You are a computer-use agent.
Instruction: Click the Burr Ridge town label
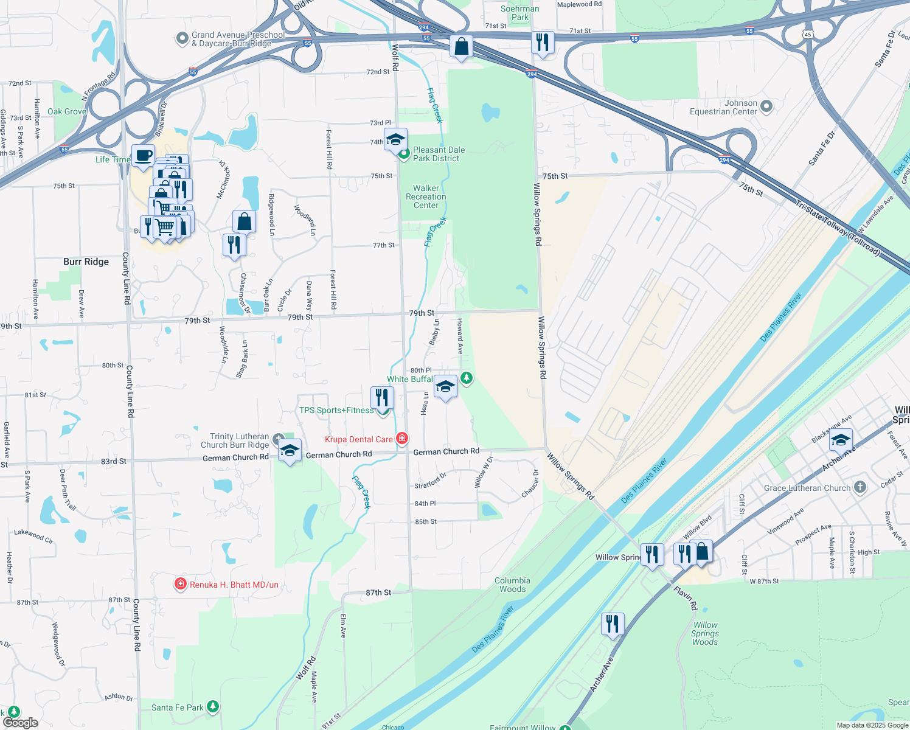(86, 262)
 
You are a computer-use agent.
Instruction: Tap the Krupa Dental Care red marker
(401, 439)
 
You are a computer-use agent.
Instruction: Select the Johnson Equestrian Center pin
(766, 107)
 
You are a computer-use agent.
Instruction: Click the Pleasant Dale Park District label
(439, 154)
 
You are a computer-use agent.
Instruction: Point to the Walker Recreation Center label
(426, 196)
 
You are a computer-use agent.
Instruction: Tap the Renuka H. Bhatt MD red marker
(180, 585)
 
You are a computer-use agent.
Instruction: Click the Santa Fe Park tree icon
(212, 707)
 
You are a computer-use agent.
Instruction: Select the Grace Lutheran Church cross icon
(860, 487)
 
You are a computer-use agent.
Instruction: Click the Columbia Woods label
(512, 585)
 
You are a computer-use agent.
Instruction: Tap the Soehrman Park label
(519, 13)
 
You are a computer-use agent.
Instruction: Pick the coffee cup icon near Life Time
(144, 156)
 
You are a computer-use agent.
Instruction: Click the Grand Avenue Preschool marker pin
(182, 39)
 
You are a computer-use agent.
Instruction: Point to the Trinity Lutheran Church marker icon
(279, 439)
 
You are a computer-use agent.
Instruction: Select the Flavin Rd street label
(686, 597)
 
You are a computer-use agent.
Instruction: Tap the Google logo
(21, 722)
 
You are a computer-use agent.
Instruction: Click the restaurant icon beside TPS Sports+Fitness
(382, 397)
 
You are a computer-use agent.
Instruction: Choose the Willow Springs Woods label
(705, 633)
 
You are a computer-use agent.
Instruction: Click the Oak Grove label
(67, 111)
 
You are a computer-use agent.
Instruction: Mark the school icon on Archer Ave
(840, 440)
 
